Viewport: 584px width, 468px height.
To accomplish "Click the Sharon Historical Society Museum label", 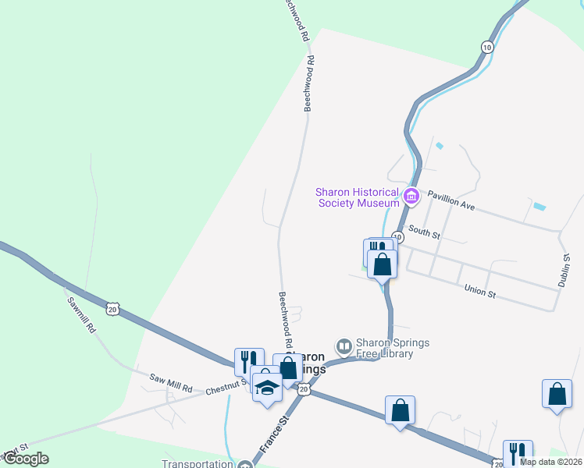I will [357, 198].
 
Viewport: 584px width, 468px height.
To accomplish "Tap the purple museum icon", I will [411, 195].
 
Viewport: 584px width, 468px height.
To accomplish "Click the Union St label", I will [480, 293].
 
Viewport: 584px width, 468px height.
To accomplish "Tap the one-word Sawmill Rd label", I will [80, 316].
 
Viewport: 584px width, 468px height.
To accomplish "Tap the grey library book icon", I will [344, 345].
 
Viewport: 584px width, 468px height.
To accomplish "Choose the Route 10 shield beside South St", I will [397, 236].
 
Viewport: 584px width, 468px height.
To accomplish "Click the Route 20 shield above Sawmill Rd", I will [114, 309].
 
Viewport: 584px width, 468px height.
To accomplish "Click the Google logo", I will [26, 459].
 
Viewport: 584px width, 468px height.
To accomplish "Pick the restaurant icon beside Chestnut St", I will [249, 361].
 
